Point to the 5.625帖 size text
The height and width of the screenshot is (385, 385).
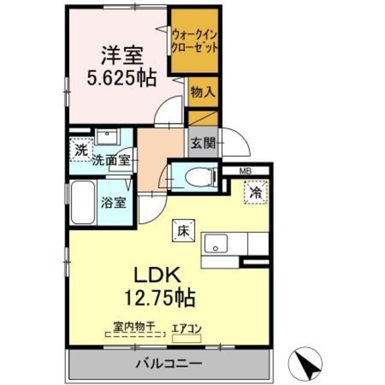point(120,78)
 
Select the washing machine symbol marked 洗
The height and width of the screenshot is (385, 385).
point(81,150)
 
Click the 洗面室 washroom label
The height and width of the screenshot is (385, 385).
point(111,160)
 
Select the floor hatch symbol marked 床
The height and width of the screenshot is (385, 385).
point(183,229)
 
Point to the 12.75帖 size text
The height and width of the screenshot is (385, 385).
point(155,296)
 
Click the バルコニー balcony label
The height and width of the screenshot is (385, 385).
point(168,363)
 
